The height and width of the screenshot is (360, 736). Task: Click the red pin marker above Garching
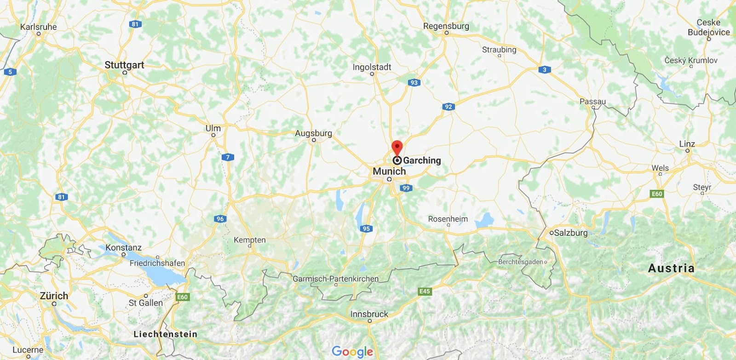pyautogui.click(x=397, y=148)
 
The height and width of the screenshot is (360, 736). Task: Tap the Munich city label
pyautogui.click(x=389, y=171)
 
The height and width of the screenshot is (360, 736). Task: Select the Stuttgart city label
pyautogui.click(x=124, y=65)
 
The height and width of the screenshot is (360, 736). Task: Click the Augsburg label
pyautogui.click(x=313, y=133)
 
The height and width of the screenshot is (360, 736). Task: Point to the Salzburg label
pyautogui.click(x=570, y=233)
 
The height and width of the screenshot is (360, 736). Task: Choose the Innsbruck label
pyautogui.click(x=369, y=314)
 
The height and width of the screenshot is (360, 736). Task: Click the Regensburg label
pyautogui.click(x=446, y=26)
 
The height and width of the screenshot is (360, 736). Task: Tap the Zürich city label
pyautogui.click(x=54, y=296)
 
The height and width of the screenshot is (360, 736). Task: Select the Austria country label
pyautogui.click(x=671, y=268)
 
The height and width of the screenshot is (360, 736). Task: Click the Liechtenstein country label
pyautogui.click(x=165, y=334)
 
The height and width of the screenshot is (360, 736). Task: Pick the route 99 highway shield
pyautogui.click(x=406, y=188)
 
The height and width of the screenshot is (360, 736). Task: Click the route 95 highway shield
pyautogui.click(x=366, y=229)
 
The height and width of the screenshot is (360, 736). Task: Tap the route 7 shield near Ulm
pyautogui.click(x=228, y=157)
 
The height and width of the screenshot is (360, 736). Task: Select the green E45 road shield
pyautogui.click(x=425, y=291)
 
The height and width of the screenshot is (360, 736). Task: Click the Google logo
pyautogui.click(x=352, y=352)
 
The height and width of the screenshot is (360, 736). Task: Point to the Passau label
pyautogui.click(x=592, y=102)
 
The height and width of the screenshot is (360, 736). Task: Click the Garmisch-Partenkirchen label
pyautogui.click(x=336, y=279)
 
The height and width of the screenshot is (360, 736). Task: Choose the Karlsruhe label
pyautogui.click(x=39, y=27)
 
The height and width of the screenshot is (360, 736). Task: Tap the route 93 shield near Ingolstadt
pyautogui.click(x=414, y=83)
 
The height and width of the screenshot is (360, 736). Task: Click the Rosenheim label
pyautogui.click(x=448, y=219)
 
